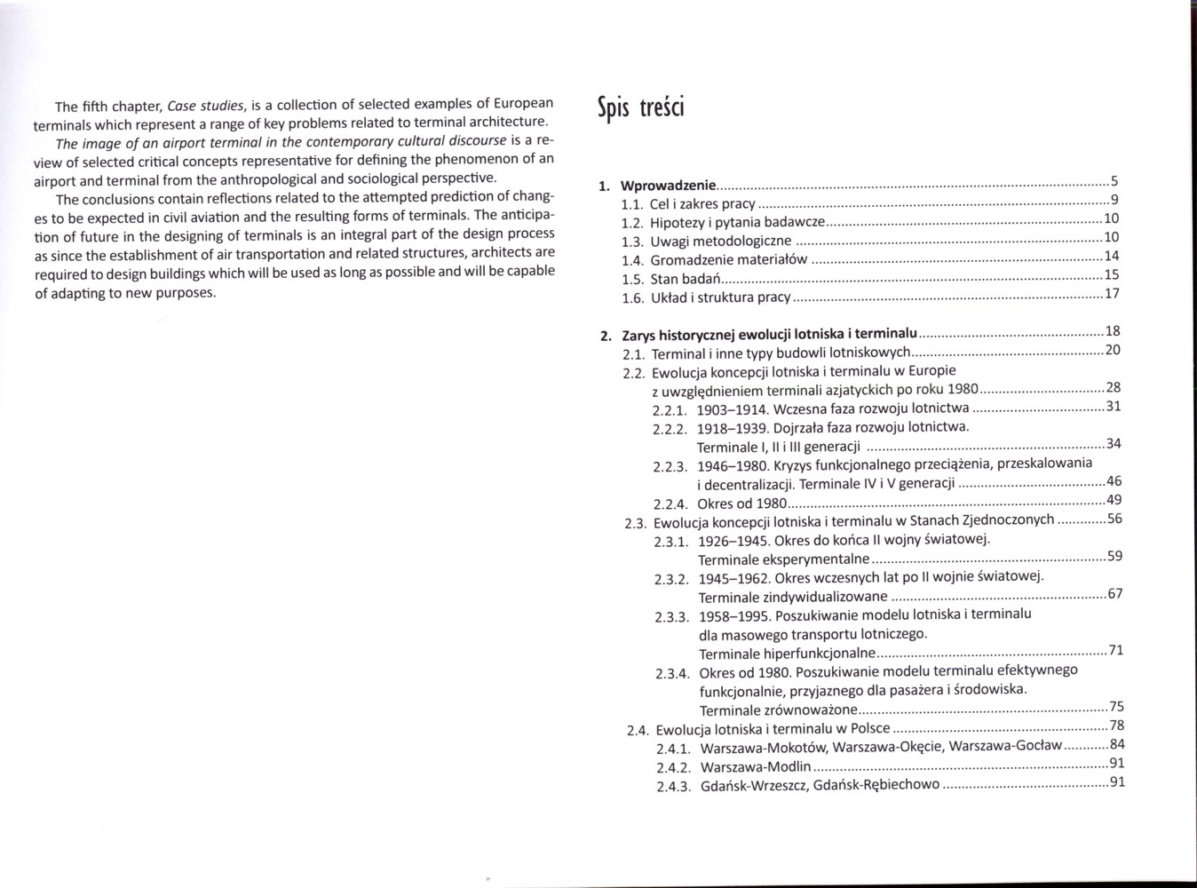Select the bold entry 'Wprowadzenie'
coord(668,186)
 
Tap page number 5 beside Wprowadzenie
coord(1114,181)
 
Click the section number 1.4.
coord(632,260)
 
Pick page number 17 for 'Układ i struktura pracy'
coord(1111,293)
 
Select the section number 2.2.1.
coord(670,410)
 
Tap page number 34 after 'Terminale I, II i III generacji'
coord(1114,443)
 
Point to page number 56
coord(1114,519)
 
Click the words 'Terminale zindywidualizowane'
coord(793,597)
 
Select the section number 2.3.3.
coord(672,616)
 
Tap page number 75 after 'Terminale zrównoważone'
coord(1116,706)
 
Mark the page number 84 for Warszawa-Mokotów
coord(1117,744)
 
